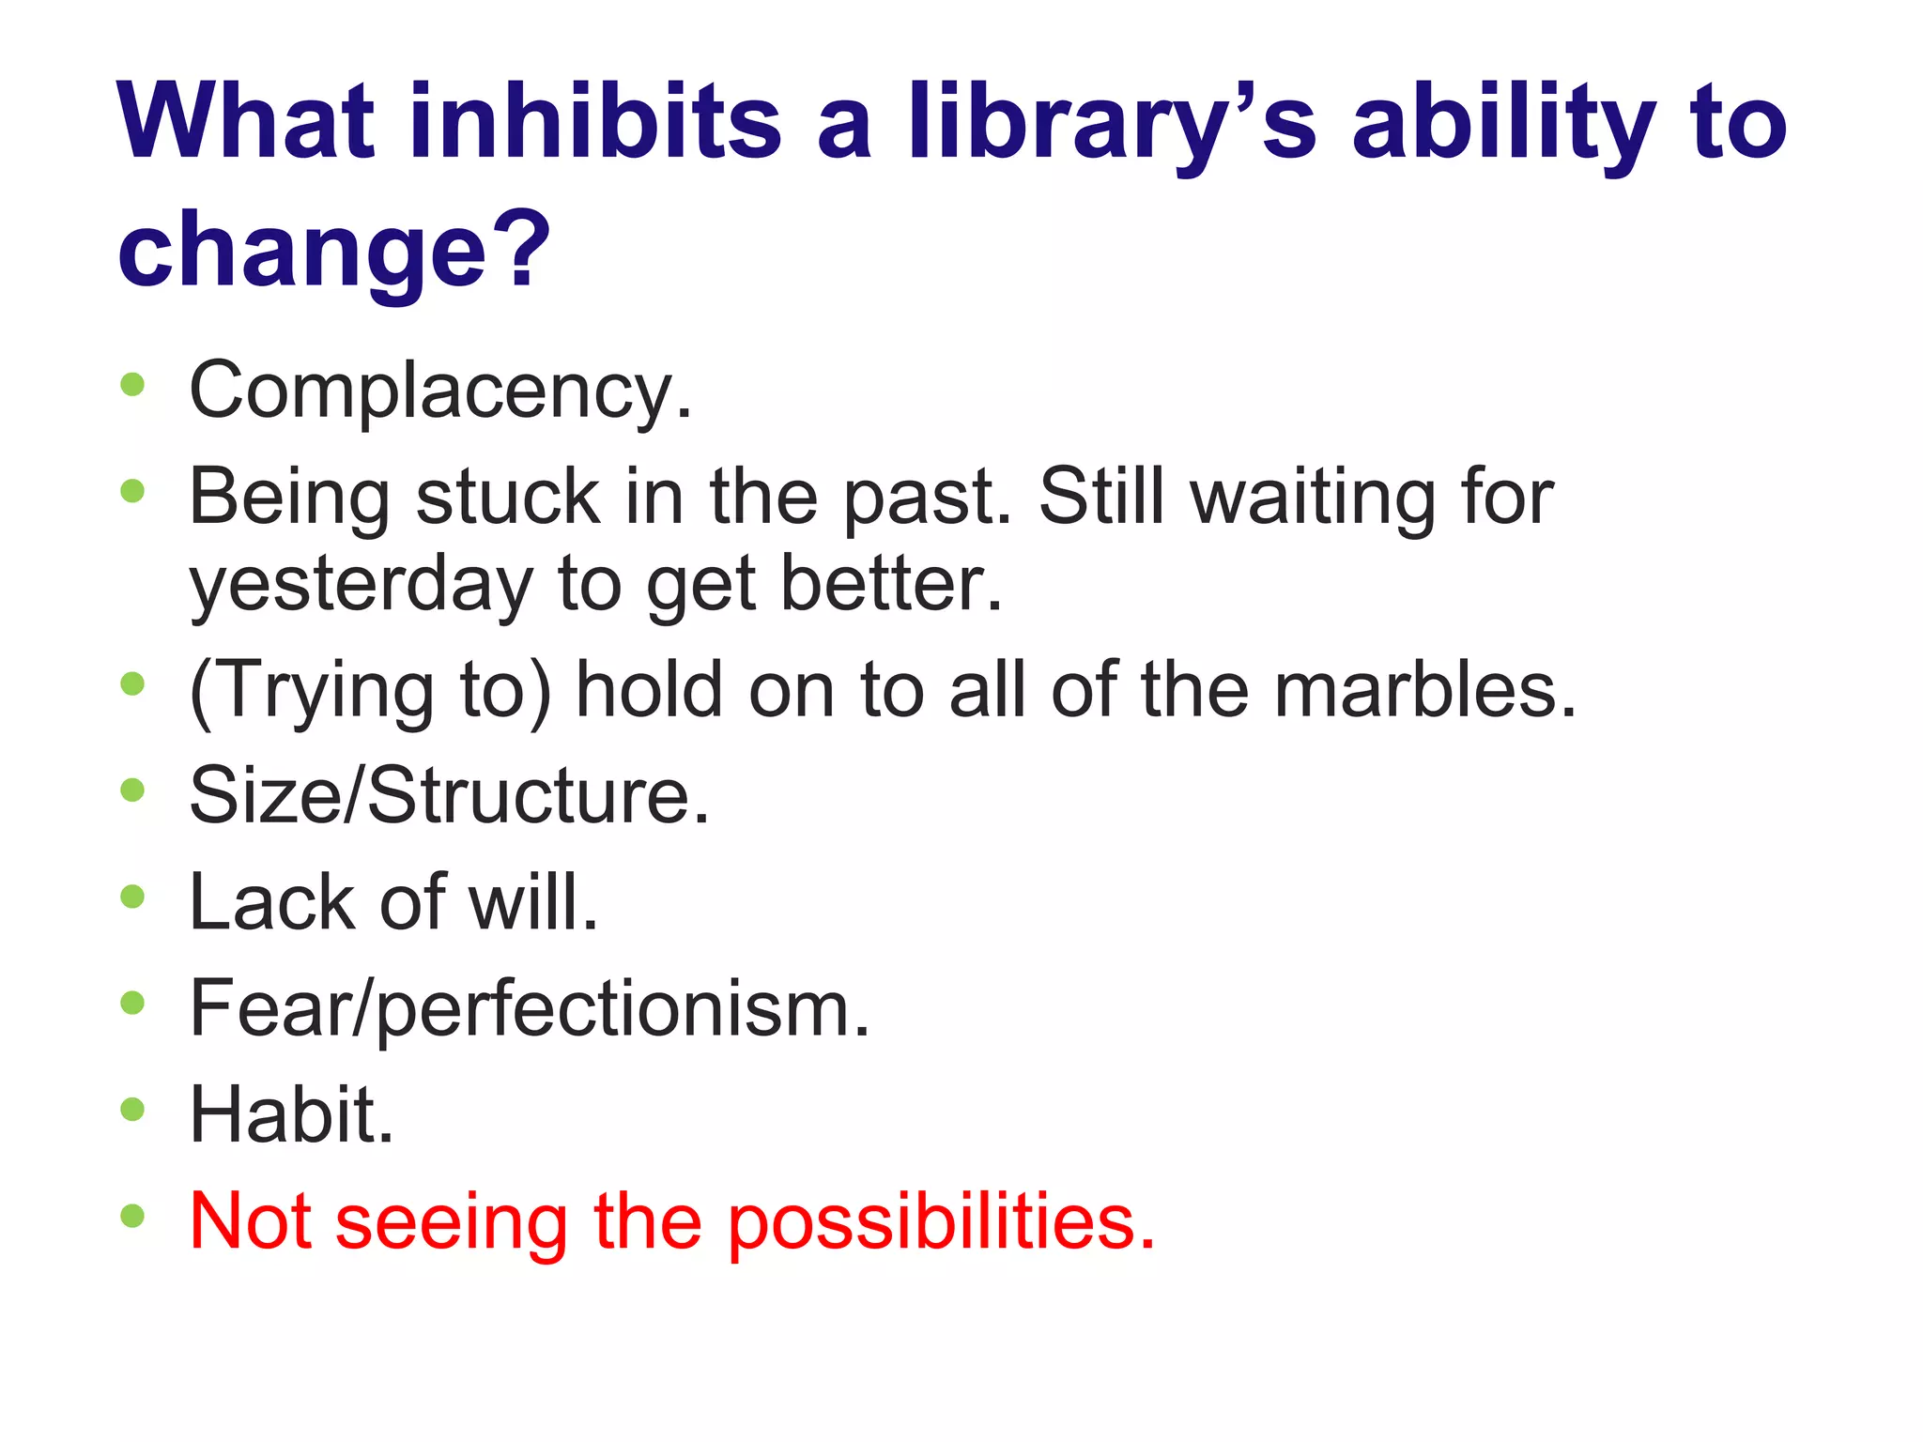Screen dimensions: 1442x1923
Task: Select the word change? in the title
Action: [333, 250]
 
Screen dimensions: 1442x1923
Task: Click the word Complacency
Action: [439, 391]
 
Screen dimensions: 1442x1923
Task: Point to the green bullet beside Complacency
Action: [132, 384]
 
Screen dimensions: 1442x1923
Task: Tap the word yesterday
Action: [361, 584]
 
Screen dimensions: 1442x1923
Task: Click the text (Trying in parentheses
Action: [310, 690]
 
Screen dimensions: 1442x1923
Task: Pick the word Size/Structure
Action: [449, 795]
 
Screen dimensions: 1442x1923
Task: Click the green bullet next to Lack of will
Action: [132, 897]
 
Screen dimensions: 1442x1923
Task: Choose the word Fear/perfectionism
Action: [530, 1008]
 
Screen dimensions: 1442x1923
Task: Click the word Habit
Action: [291, 1114]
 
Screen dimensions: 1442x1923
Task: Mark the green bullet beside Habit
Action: [132, 1110]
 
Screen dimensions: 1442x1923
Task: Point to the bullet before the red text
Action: [132, 1217]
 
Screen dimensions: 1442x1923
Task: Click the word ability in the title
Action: [1502, 122]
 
